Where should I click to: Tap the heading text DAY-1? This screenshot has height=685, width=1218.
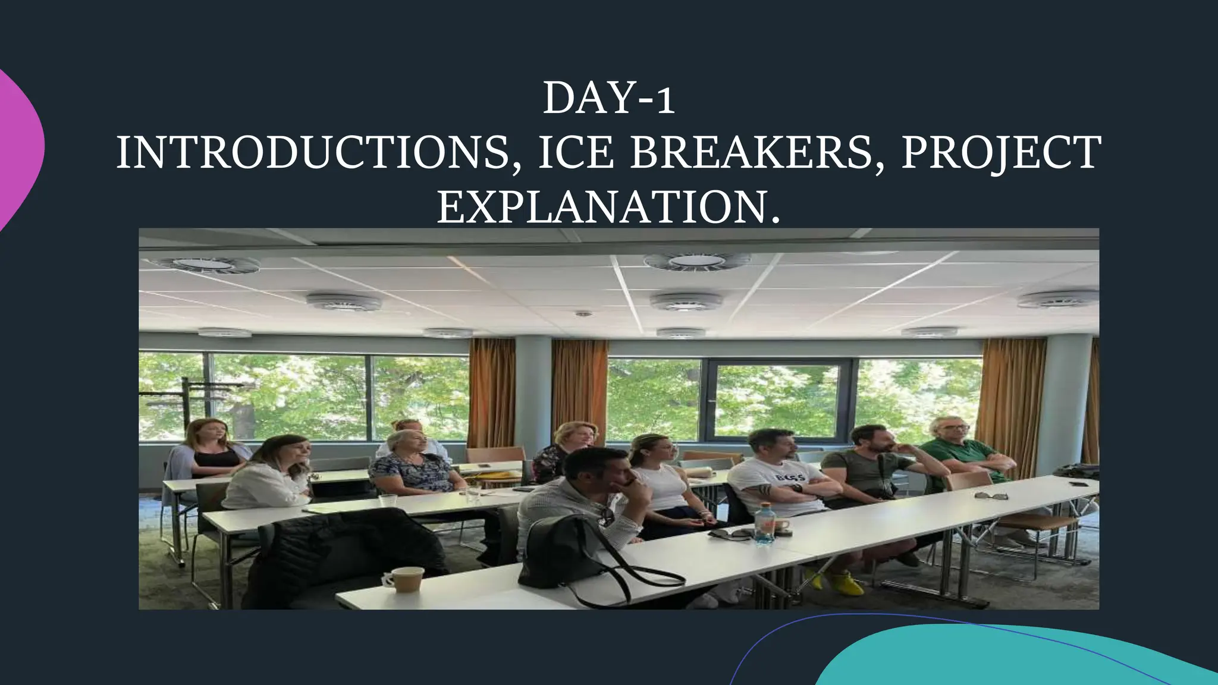click(x=608, y=99)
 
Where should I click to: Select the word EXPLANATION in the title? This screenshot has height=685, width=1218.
click(x=601, y=208)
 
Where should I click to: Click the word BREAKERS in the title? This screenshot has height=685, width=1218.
click(x=751, y=153)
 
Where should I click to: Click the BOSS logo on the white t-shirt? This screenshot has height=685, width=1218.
click(x=790, y=477)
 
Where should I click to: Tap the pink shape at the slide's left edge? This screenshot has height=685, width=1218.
click(x=18, y=149)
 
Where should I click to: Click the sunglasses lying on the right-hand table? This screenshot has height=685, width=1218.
click(x=991, y=495)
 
